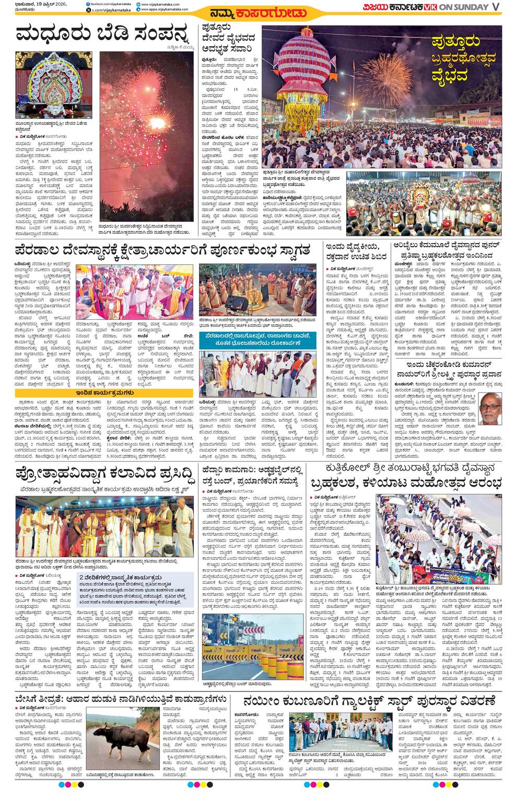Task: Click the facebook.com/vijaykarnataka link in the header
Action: click(x=110, y=4)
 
